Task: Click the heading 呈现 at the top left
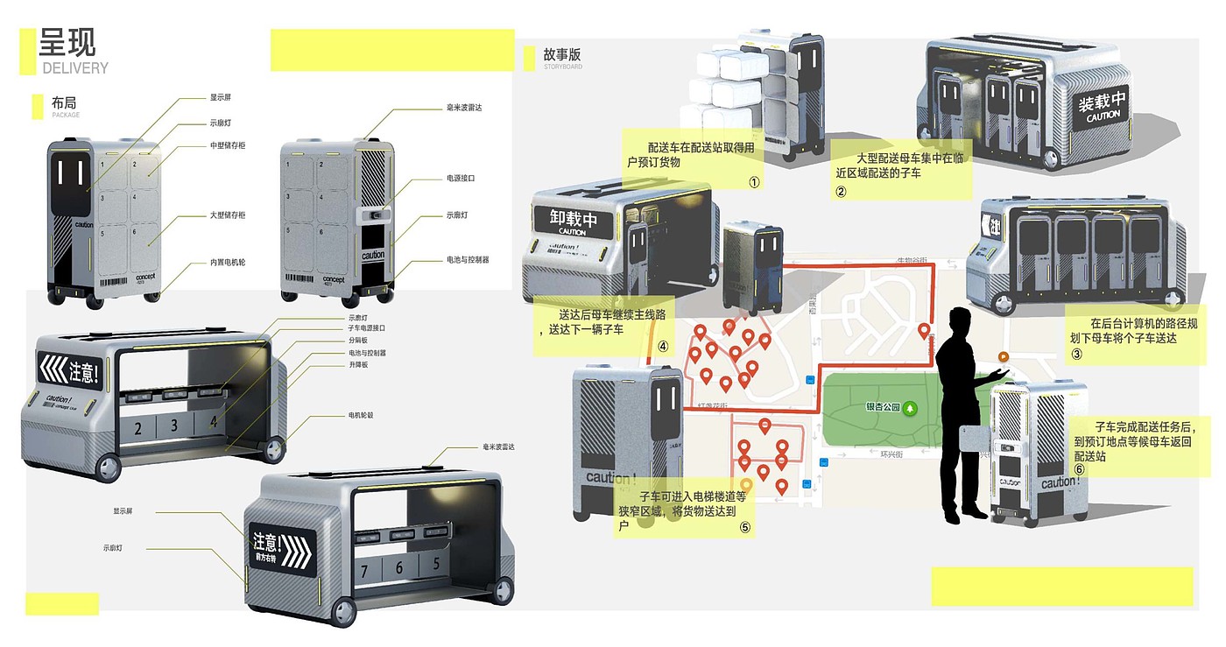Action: tap(67, 42)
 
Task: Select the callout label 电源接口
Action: tap(460, 178)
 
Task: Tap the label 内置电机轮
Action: tap(227, 262)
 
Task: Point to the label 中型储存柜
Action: tap(228, 145)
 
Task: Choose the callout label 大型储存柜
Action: tap(227, 214)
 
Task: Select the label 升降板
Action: tap(358, 364)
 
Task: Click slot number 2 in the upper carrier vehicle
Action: tap(138, 428)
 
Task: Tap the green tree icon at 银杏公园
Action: tap(911, 407)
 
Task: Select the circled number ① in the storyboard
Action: tap(753, 182)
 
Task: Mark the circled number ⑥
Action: tap(1079, 469)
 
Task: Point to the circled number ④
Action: tap(663, 347)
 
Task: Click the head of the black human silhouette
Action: tap(957, 320)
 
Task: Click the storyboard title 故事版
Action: tap(561, 55)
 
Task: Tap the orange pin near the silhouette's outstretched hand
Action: tap(1004, 357)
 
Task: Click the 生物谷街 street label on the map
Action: tap(911, 261)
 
